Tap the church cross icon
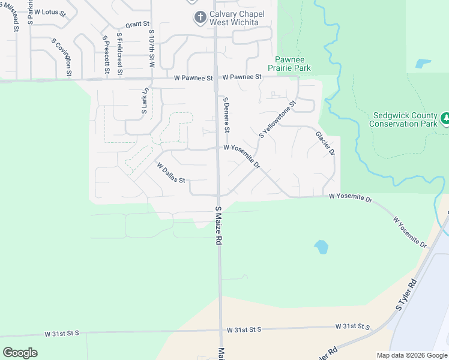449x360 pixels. (200, 18)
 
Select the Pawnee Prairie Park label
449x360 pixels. (293, 64)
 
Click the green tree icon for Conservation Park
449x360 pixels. (445, 119)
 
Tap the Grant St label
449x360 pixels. (137, 25)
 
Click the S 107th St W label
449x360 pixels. (152, 48)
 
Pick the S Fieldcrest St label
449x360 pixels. (120, 53)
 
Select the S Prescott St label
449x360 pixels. (106, 55)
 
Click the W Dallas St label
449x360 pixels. (171, 173)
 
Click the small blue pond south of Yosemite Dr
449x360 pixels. (321, 246)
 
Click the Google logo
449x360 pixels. (20, 353)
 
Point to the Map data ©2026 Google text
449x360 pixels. (412, 355)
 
